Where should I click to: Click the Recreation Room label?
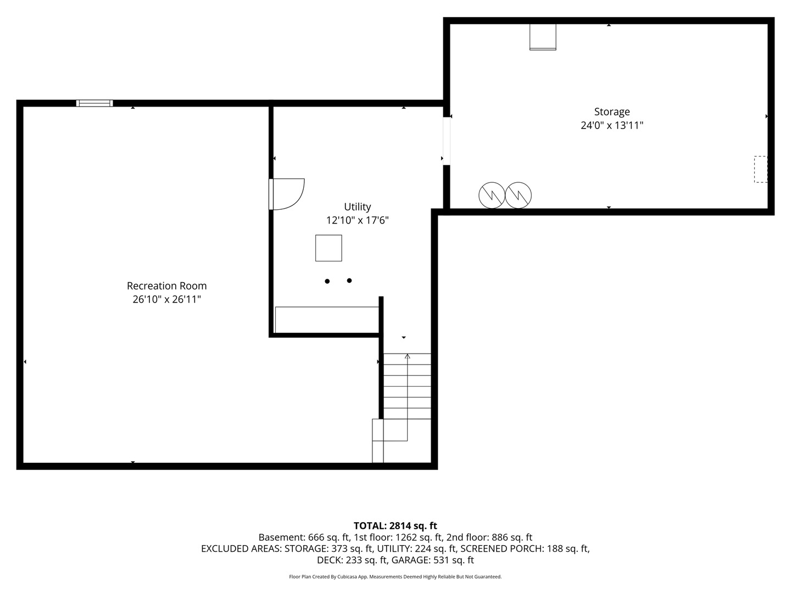click(166, 286)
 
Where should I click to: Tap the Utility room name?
click(357, 207)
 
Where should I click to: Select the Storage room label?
click(612, 112)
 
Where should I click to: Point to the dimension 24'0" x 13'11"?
click(612, 125)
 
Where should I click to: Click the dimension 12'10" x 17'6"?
click(357, 220)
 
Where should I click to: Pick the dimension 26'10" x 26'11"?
click(166, 299)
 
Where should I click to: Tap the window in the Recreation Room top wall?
click(94, 103)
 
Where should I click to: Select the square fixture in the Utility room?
click(328, 248)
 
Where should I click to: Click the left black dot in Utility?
click(327, 281)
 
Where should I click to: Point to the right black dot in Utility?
click(349, 281)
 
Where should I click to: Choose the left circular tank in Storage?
click(492, 195)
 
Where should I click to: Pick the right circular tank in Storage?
click(518, 195)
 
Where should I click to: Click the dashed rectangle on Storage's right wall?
click(761, 169)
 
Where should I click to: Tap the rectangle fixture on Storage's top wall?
click(543, 37)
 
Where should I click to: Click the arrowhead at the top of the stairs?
click(407, 356)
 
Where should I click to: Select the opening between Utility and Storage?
click(447, 141)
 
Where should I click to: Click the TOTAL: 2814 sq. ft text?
click(396, 526)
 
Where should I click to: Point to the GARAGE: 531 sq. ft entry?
click(433, 560)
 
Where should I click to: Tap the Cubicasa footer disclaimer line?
click(396, 577)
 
